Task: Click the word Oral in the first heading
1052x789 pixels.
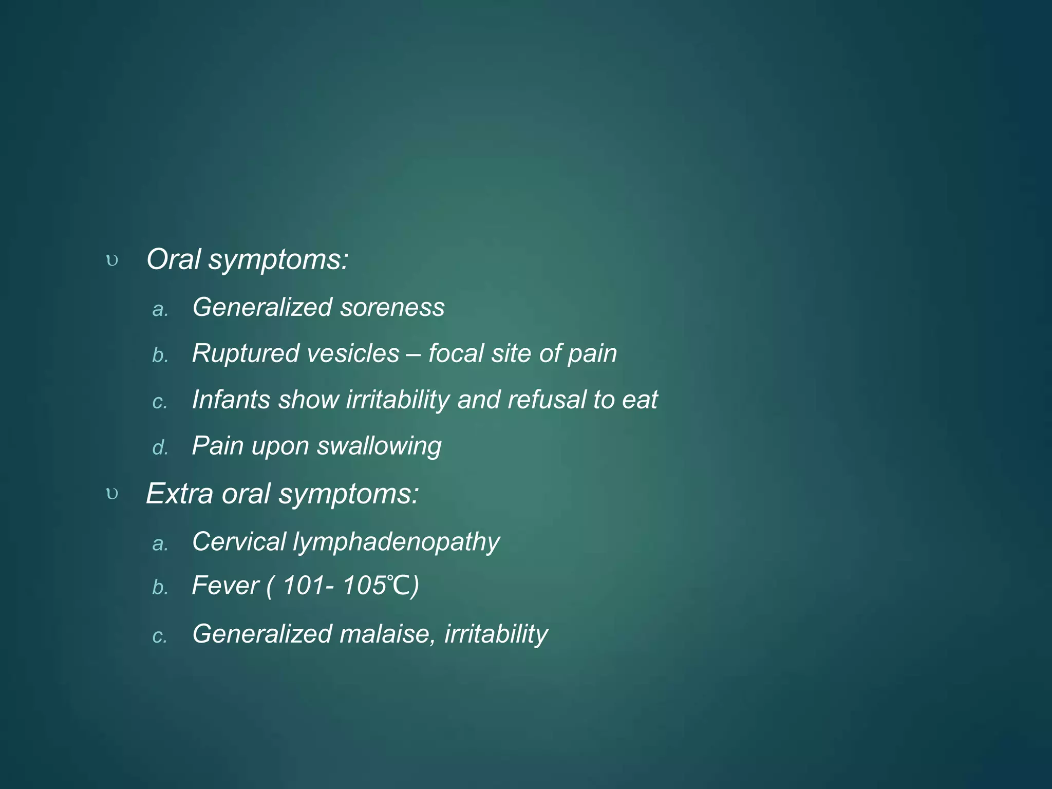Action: (173, 259)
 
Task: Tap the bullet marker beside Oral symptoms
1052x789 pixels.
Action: (112, 261)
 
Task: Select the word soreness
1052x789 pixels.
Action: (392, 307)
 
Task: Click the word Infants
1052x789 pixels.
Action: (231, 400)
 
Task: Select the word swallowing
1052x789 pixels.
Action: (379, 446)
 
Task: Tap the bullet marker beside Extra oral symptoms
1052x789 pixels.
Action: (112, 495)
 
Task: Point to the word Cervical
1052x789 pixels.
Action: (239, 541)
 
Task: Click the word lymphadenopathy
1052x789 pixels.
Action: (396, 542)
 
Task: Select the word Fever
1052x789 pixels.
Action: (225, 586)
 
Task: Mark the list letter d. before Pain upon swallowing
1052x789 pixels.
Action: (160, 448)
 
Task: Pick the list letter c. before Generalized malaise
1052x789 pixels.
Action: (160, 636)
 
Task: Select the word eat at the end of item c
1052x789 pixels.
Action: (640, 400)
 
